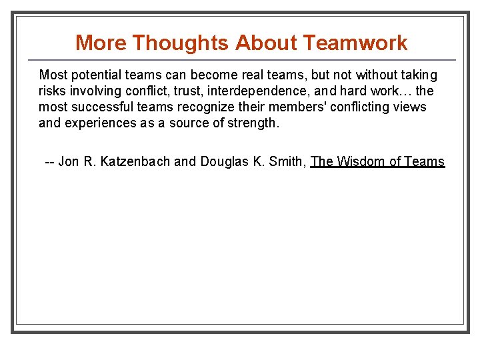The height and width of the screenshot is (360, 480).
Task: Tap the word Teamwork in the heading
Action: [x=355, y=43]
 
